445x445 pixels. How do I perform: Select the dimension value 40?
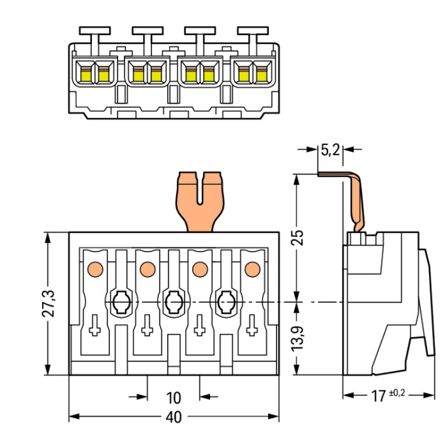tap(173, 417)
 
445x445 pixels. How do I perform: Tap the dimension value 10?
tap(173, 398)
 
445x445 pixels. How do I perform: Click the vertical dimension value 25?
tap(300, 237)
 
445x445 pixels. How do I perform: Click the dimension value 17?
tap(377, 396)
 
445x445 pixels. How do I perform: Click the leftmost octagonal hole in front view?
tap(121, 303)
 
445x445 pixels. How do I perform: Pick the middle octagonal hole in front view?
tap(173, 303)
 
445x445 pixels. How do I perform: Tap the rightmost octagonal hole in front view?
tap(225, 303)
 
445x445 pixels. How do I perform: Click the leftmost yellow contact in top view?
tap(85, 75)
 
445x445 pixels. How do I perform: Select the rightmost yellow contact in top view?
tap(260, 75)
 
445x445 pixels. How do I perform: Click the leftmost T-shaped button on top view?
tap(94, 31)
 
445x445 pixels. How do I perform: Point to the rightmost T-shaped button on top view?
tap(252, 31)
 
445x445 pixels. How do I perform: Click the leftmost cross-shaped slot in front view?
tap(94, 325)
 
